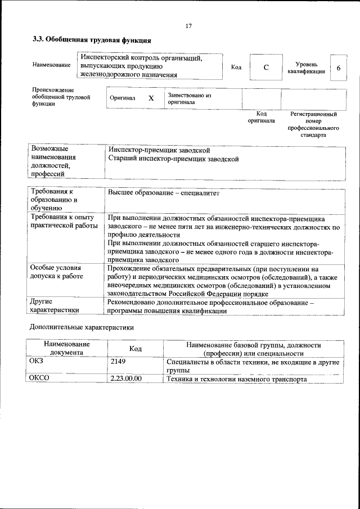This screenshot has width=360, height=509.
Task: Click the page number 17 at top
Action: coord(188,25)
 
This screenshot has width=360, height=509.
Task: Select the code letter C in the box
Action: coord(266,68)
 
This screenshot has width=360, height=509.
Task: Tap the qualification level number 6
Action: coord(338,68)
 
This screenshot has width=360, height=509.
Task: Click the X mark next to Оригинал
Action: coord(151,98)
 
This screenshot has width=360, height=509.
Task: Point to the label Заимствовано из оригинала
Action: coord(189,99)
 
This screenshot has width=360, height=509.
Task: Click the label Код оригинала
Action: coord(261,117)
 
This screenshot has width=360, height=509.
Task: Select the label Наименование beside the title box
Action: coord(51,65)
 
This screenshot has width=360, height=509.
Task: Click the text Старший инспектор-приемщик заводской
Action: coord(173,159)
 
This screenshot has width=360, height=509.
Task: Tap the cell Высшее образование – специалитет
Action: coord(163,193)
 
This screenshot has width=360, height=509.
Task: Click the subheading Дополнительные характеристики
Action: coord(82,327)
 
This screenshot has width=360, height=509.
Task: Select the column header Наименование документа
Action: coord(67,348)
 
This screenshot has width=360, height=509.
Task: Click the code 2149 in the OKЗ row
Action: coord(119,362)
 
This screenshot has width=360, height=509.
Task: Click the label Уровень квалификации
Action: coord(310,68)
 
